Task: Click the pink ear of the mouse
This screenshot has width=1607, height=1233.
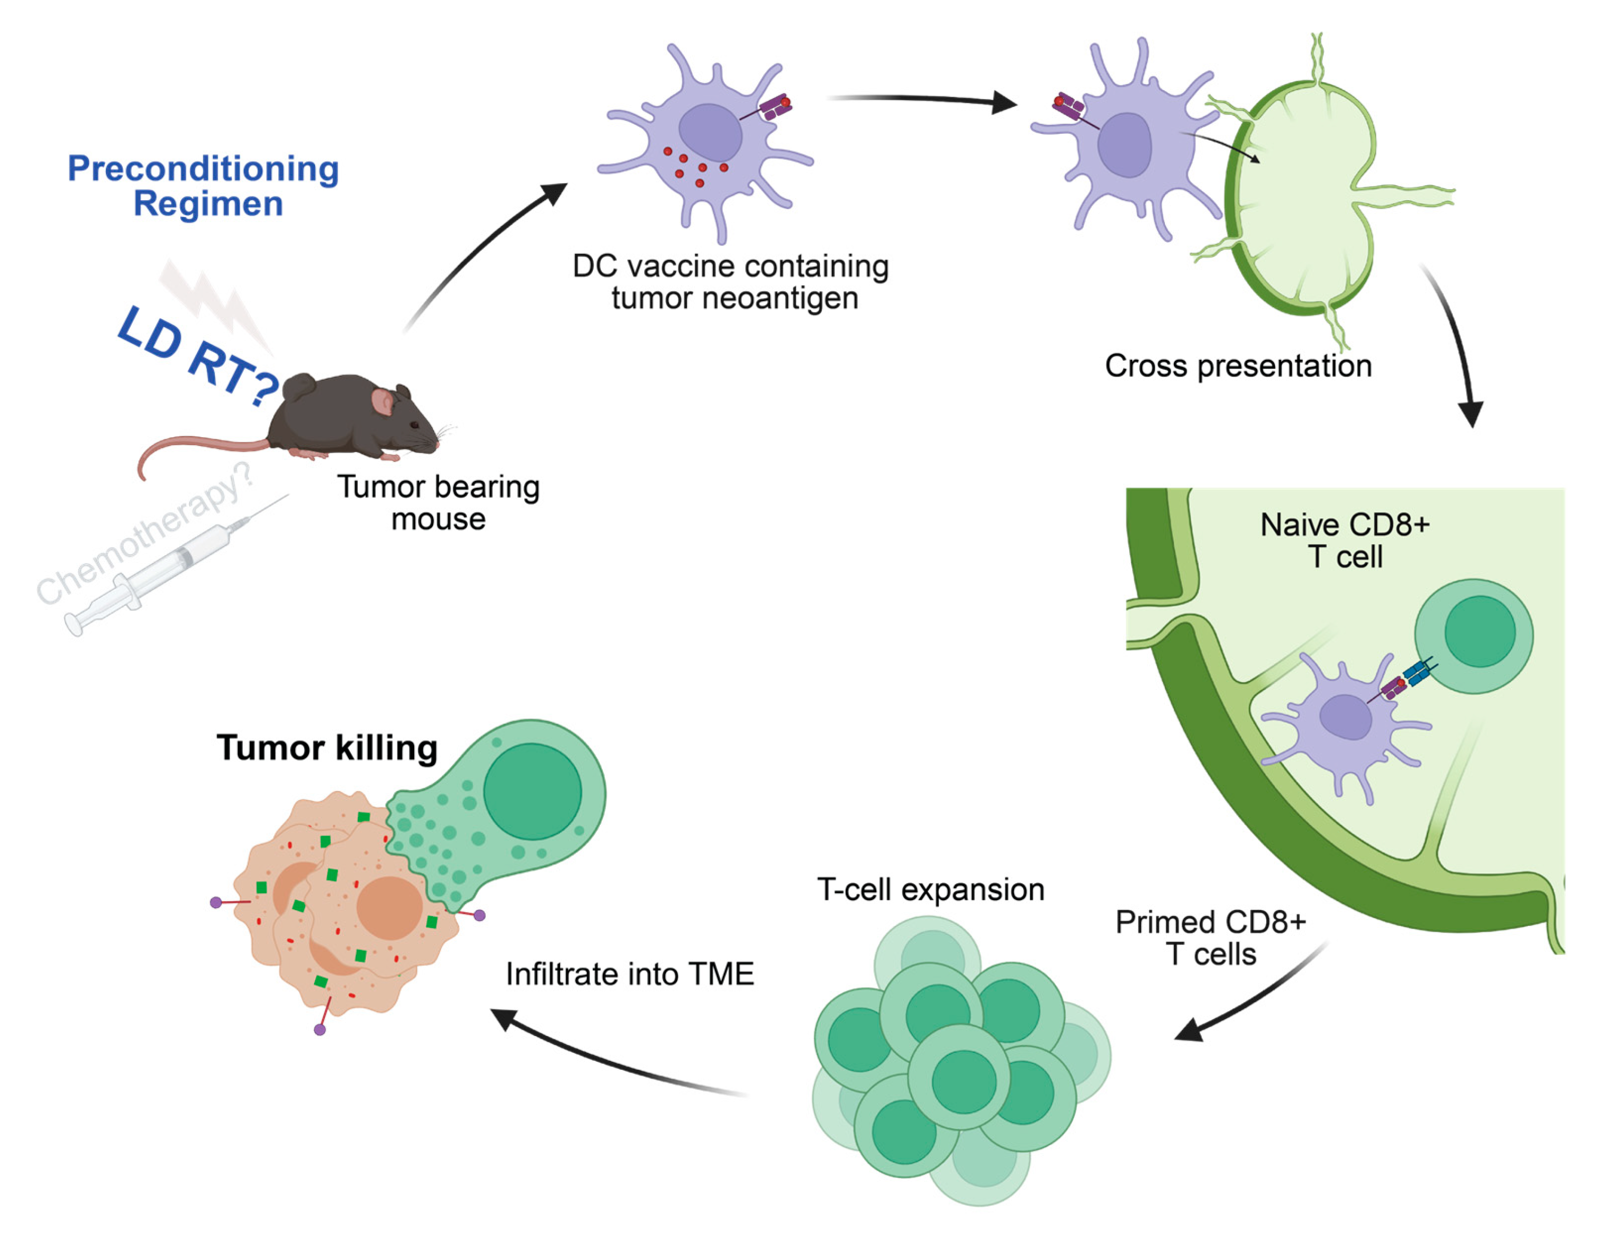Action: (382, 402)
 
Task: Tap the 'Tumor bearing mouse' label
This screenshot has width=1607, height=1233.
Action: (438, 503)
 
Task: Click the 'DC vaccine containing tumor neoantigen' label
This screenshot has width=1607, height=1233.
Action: (730, 282)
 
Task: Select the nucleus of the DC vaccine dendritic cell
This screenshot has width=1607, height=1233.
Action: (709, 132)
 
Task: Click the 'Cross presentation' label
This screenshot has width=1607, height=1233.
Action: (1238, 366)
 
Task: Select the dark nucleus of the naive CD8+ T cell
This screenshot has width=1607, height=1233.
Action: (1479, 631)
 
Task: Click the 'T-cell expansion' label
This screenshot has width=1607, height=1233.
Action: (930, 890)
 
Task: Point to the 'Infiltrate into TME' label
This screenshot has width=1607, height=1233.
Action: (630, 974)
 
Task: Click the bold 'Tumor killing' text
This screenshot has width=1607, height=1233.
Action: (327, 748)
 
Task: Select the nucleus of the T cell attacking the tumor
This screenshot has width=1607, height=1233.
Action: (532, 791)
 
